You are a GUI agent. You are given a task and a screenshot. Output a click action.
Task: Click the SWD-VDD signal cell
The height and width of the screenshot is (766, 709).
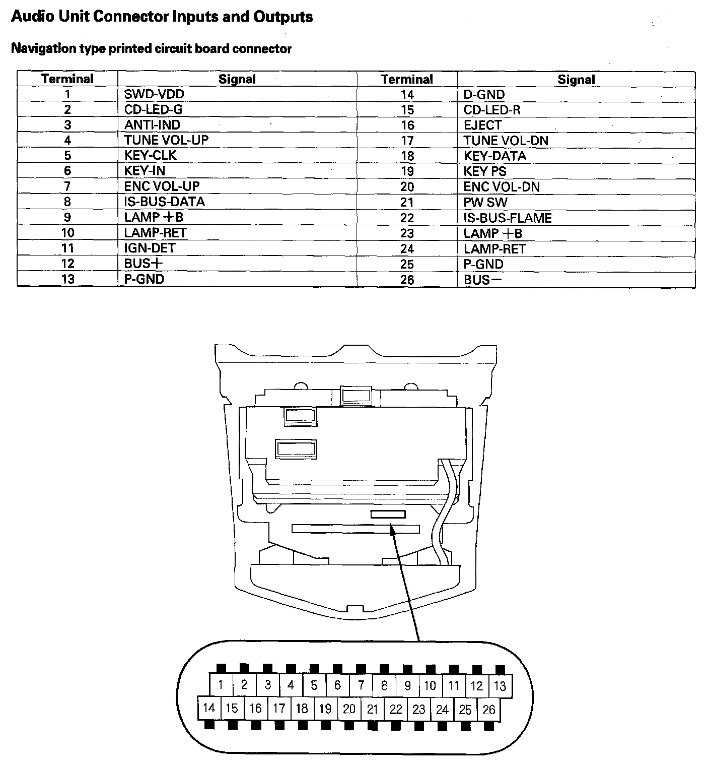pyautogui.click(x=154, y=94)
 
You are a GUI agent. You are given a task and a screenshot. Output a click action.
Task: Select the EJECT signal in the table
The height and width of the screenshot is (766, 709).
pyautogui.click(x=483, y=125)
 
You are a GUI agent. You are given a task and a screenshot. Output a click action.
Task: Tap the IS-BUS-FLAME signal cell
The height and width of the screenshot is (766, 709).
pyautogui.click(x=508, y=218)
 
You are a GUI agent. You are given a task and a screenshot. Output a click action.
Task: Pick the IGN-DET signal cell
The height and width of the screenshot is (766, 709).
pyautogui.click(x=150, y=248)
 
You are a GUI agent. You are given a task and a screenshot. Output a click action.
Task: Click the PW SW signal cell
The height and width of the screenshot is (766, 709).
pyautogui.click(x=485, y=203)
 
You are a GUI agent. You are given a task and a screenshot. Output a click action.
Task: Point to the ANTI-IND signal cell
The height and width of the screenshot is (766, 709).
pyautogui.click(x=152, y=125)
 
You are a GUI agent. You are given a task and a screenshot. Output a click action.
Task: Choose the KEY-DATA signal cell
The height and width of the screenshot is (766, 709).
pyautogui.click(x=495, y=156)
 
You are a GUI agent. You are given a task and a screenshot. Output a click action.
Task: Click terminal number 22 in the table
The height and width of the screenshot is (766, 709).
pyautogui.click(x=407, y=218)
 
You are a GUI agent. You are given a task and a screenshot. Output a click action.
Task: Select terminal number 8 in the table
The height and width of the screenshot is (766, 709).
pyautogui.click(x=67, y=202)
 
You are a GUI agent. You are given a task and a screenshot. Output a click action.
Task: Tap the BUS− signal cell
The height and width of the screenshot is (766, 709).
pyautogui.click(x=483, y=280)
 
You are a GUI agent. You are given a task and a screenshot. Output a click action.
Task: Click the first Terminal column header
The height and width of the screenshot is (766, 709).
pyautogui.click(x=67, y=79)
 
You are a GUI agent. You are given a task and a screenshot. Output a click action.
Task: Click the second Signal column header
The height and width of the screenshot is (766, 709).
pyautogui.click(x=576, y=80)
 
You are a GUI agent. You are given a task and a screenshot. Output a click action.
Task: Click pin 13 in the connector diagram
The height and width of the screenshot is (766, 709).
pyautogui.click(x=500, y=686)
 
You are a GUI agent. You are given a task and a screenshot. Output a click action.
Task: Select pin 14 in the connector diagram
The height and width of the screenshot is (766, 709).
pyautogui.click(x=208, y=709)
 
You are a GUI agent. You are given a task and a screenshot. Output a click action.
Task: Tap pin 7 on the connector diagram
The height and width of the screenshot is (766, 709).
pyautogui.click(x=361, y=685)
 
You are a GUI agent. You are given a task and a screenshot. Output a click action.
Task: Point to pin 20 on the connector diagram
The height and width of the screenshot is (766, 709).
pyautogui.click(x=349, y=709)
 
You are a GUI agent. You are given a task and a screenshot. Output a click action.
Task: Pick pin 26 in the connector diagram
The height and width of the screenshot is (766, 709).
pyautogui.click(x=489, y=710)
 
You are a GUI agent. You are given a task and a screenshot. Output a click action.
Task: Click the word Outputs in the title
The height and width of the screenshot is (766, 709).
pyautogui.click(x=282, y=17)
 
